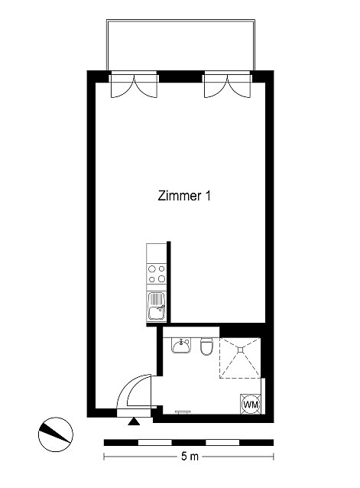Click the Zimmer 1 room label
point(184,196)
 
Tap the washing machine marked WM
point(251,405)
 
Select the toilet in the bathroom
point(206,346)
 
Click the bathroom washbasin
point(181,346)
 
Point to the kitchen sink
point(157,307)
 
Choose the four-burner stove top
point(157,274)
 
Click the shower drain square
point(240,350)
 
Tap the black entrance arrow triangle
point(134,421)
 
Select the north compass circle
point(56,434)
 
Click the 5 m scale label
point(190,457)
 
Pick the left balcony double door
point(134,85)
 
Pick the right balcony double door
point(227,85)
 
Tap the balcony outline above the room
point(180,20)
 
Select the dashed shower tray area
point(240,358)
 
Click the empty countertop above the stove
point(157,253)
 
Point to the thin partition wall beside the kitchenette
point(169,282)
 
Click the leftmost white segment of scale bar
point(154,443)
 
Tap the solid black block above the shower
point(242,330)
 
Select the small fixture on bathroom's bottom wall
point(183,412)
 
